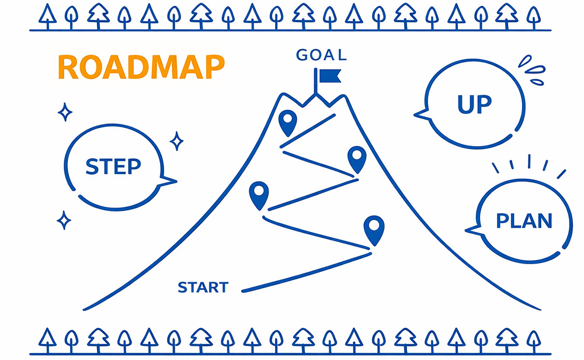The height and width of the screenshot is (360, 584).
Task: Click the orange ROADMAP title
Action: coord(141,68)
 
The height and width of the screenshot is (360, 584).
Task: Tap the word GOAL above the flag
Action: coord(321,56)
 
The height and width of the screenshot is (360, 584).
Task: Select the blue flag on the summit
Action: coord(330,76)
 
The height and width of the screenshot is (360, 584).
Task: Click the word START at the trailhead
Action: coord(203,288)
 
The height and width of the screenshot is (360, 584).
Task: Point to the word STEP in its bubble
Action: coord(113,167)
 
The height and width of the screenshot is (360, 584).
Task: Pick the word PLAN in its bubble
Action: coord(524,221)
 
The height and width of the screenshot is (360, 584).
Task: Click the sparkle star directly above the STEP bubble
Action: coord(65,112)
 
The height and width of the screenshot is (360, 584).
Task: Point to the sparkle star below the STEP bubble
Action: coord(64,220)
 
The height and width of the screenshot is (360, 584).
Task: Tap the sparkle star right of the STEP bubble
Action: coord(176,141)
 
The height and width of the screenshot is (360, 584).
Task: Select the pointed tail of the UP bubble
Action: coord(419,115)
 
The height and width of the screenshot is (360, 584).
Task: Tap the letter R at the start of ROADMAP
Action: coord(68,68)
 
